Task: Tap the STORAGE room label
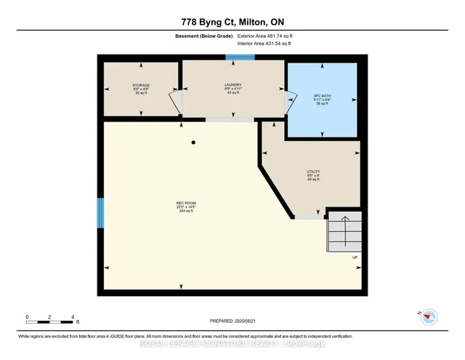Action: coord(141,85)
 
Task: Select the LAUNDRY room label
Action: coord(232,85)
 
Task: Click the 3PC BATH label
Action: coord(322,96)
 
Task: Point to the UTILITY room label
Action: coord(314,172)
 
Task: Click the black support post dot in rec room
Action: coord(193,143)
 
